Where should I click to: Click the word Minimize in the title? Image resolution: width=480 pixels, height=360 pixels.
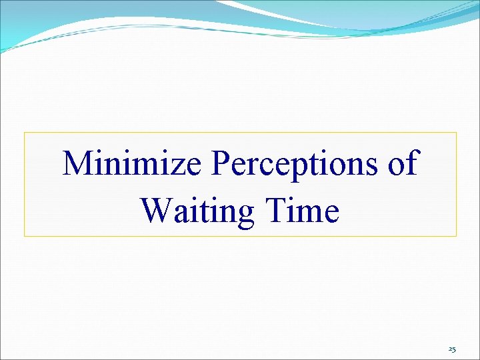point(131,163)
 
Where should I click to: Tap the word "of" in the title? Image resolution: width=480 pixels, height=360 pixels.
point(402,163)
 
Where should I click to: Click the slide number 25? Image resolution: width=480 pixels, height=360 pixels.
point(452,349)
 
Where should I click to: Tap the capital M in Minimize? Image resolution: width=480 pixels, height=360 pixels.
point(78,163)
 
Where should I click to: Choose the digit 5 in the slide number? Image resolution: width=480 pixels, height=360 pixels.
point(454,349)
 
